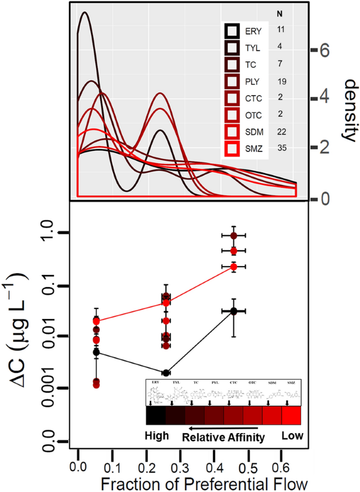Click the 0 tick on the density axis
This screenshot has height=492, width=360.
coord(325,199)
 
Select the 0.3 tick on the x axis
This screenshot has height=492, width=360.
coord(179,453)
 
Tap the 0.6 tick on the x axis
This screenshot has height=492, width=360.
coord(281,453)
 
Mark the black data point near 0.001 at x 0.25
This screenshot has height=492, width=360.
coord(166,373)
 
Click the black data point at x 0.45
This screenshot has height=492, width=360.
coord(234,311)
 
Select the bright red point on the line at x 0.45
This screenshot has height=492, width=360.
coord(234,267)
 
